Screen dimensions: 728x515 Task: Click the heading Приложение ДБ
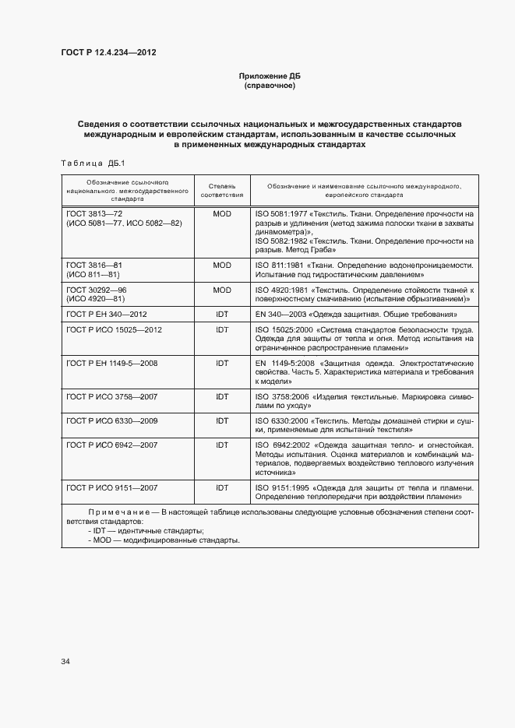270,76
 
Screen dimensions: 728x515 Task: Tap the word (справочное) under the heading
270,86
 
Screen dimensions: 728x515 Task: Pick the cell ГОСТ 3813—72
95,213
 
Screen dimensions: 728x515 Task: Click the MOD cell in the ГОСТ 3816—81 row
222,266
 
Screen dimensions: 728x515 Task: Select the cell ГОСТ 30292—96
97,290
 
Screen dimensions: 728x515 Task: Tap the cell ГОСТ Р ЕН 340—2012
107,314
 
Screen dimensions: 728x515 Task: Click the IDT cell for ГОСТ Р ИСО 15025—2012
222,329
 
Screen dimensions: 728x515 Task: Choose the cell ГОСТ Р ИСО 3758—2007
112,396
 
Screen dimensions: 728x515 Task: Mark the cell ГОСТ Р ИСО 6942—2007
112,445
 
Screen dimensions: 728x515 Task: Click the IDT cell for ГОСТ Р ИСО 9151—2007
222,487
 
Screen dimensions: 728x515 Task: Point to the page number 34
65,662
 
